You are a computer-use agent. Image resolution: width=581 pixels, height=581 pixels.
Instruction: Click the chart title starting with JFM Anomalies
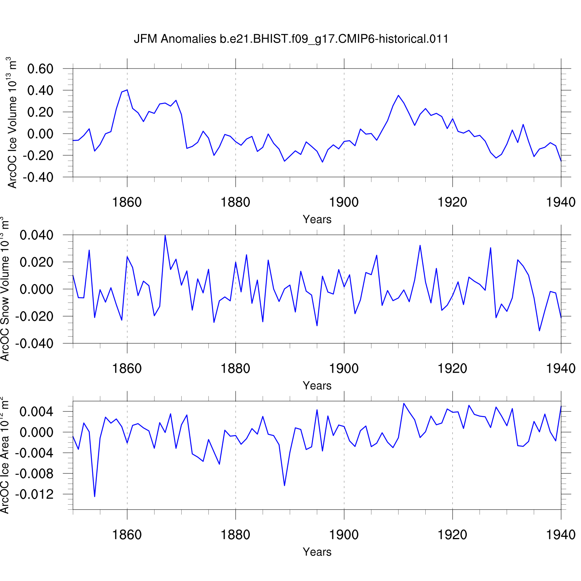291,39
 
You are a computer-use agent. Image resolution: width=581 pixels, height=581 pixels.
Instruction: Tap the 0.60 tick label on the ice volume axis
40,69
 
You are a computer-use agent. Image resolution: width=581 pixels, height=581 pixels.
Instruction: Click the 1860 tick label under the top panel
127,202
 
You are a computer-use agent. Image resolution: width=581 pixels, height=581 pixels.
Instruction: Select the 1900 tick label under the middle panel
344,368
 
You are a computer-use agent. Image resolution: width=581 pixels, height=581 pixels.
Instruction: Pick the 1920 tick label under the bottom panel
452,535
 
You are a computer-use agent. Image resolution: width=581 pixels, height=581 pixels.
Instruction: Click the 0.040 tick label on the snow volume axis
36,235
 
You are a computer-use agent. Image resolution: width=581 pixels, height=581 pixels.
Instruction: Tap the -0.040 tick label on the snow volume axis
34,344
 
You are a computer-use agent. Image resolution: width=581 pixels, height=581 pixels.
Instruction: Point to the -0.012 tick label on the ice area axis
34,494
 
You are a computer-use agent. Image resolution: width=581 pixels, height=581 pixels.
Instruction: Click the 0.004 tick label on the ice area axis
36,411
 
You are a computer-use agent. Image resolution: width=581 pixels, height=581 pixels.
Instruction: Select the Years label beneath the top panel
317,219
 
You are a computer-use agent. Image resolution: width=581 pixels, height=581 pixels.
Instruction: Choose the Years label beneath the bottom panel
317,552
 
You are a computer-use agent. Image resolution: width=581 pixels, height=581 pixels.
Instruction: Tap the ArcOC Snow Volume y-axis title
5,289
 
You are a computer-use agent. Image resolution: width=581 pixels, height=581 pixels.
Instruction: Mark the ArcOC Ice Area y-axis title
5,456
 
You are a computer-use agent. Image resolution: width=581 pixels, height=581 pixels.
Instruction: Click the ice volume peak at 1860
127,90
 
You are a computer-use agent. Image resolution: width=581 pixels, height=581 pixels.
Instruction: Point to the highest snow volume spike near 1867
165,235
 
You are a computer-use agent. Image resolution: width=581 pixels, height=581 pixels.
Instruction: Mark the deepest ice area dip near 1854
95,497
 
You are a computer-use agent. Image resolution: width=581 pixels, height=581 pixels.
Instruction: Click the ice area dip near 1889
284,485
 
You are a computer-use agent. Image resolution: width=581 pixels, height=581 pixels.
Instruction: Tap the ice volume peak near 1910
398,95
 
